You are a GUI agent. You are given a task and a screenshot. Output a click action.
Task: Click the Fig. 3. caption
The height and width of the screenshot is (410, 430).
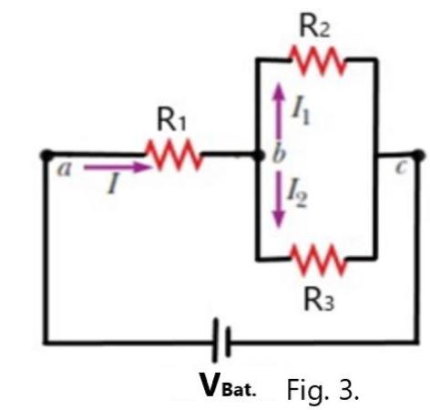coord(323,386)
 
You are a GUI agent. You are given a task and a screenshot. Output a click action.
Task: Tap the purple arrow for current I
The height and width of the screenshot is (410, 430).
coord(118,168)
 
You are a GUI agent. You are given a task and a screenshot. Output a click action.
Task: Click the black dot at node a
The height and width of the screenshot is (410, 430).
coord(46,156)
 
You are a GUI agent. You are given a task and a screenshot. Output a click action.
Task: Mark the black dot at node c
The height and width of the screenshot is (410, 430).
coord(418,156)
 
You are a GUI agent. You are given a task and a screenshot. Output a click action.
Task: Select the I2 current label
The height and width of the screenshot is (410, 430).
coord(298,192)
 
